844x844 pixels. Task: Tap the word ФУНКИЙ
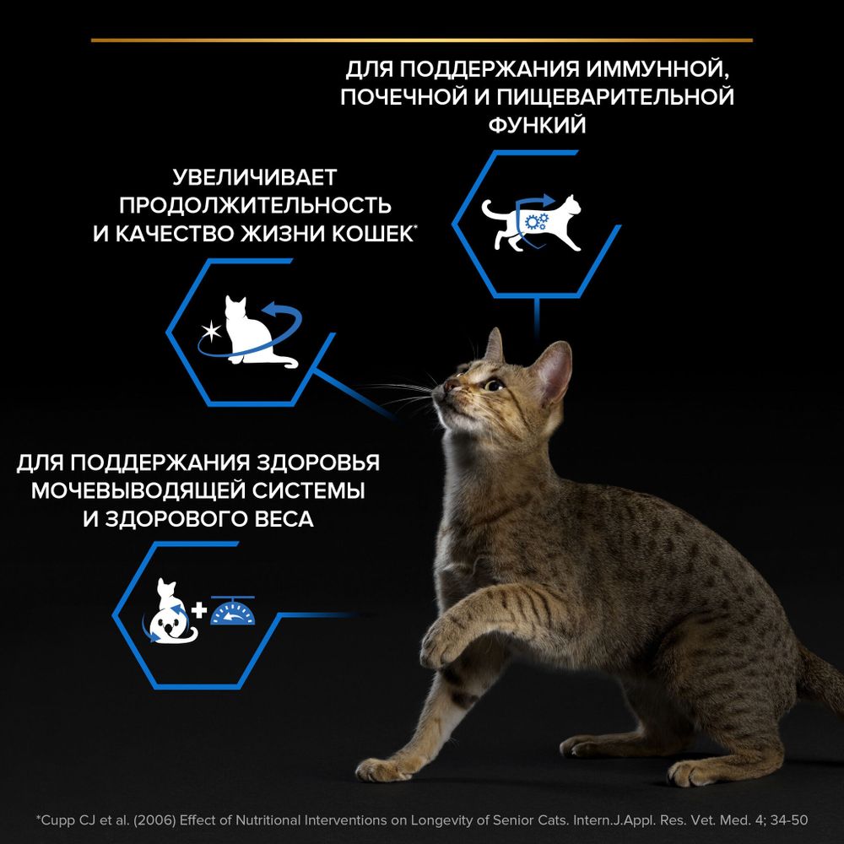pyautogui.click(x=537, y=124)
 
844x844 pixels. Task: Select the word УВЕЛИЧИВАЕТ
pyautogui.click(x=254, y=178)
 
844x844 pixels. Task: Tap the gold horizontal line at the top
pyautogui.click(x=422, y=40)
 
